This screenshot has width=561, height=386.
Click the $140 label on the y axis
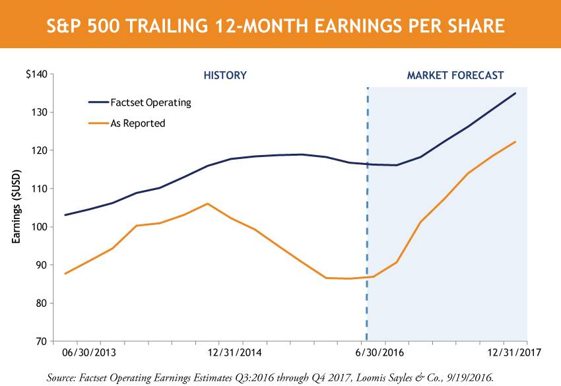[x=36, y=75]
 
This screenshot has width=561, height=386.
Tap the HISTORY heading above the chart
[x=224, y=75]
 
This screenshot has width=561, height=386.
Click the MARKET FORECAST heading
[x=455, y=75]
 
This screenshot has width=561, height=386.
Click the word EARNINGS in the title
[x=337, y=26]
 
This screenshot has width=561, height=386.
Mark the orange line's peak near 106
[x=207, y=203]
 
